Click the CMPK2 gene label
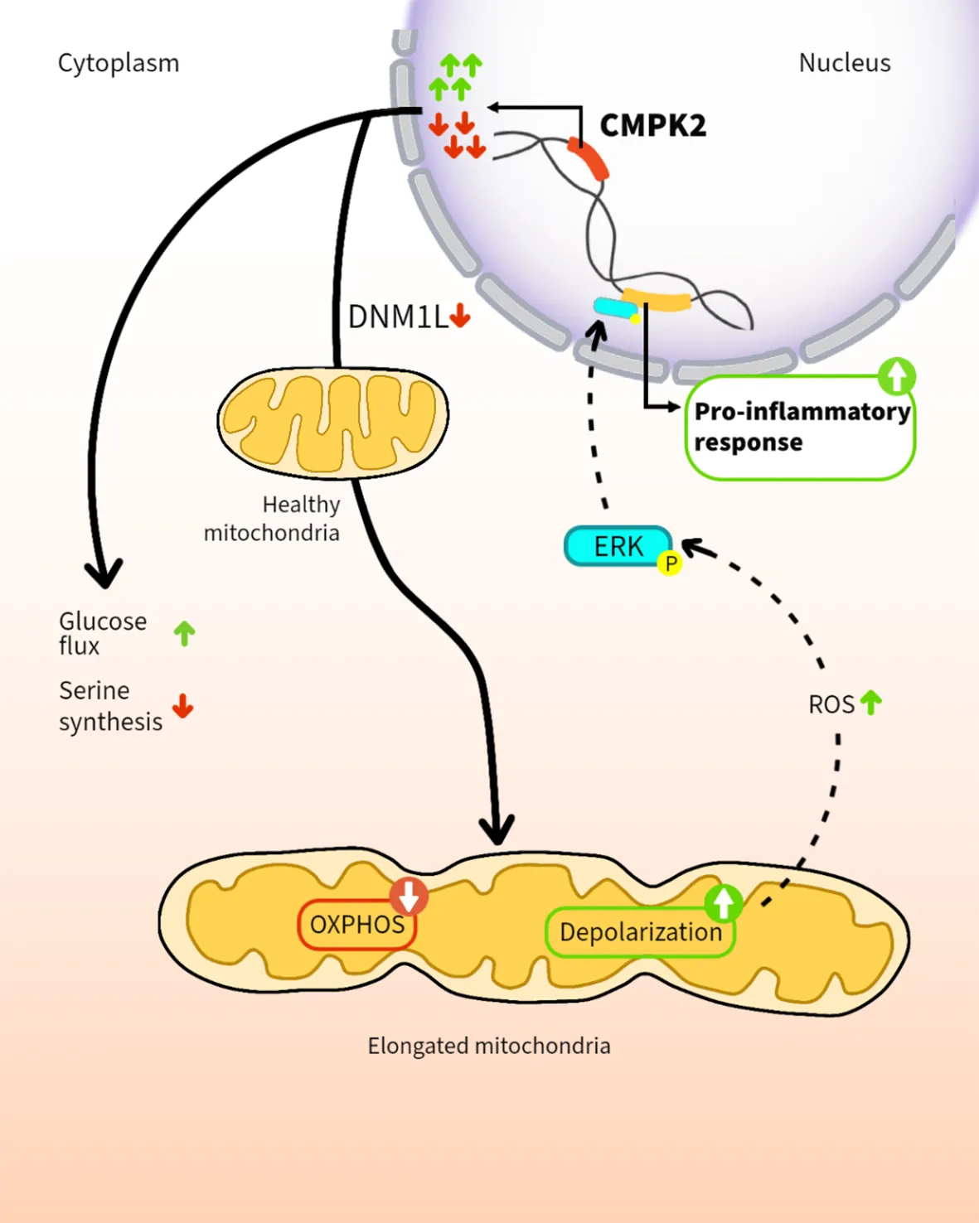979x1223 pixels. (652, 126)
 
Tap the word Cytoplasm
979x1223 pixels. (119, 63)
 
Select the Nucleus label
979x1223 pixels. (844, 63)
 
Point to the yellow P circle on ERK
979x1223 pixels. (670, 563)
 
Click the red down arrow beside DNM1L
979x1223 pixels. (460, 316)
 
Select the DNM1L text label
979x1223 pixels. (397, 317)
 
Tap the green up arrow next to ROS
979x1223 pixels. (870, 703)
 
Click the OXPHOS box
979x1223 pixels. (356, 925)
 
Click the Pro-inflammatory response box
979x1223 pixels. (800, 428)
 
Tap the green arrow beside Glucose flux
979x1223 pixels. (184, 634)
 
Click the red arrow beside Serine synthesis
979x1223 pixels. (183, 707)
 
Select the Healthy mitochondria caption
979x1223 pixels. (274, 519)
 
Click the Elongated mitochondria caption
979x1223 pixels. (489, 1046)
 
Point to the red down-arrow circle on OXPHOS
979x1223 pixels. (409, 896)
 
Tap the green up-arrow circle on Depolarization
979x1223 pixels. (724, 902)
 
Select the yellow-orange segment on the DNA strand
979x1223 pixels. (657, 299)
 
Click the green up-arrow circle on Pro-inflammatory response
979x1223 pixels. (896, 376)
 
